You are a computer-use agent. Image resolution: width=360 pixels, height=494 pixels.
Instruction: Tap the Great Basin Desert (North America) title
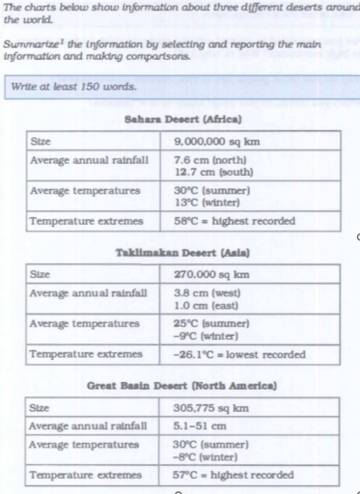click(183, 385)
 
